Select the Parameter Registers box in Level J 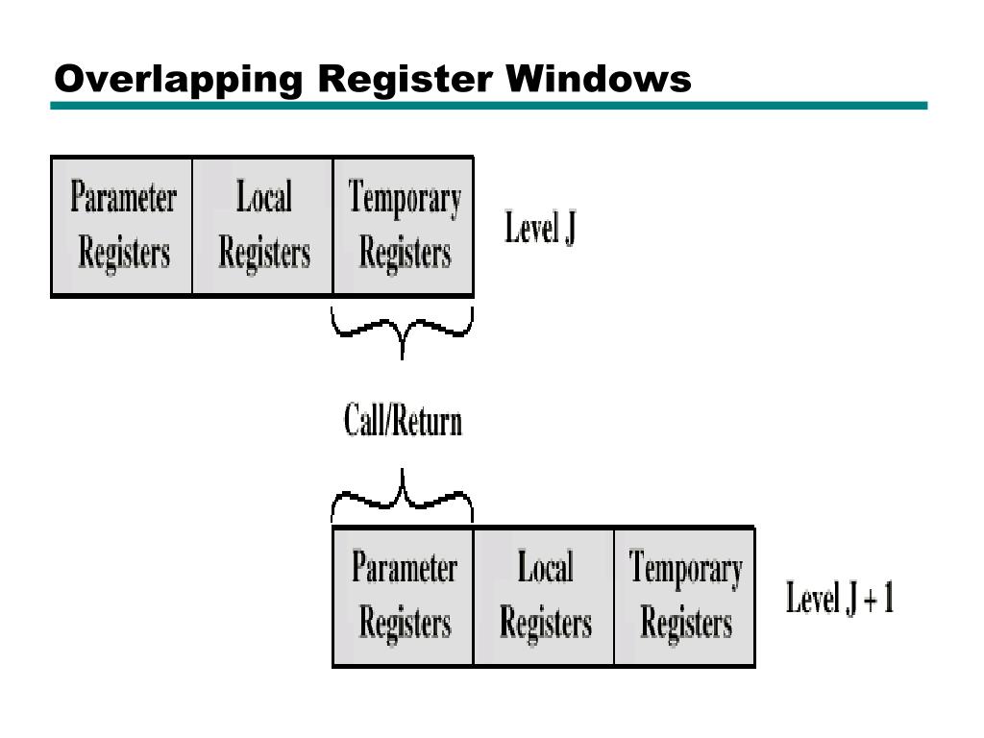tap(122, 227)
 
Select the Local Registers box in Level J tap(263, 227)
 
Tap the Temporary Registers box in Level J tap(404, 227)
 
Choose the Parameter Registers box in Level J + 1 tap(404, 596)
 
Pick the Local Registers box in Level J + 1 tap(544, 596)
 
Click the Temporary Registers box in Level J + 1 tap(685, 596)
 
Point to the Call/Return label tap(403, 422)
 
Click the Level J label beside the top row tap(540, 230)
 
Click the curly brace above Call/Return tap(402, 332)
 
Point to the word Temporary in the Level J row tap(405, 199)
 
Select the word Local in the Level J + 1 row tap(545, 568)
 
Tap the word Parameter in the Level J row tap(123, 199)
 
